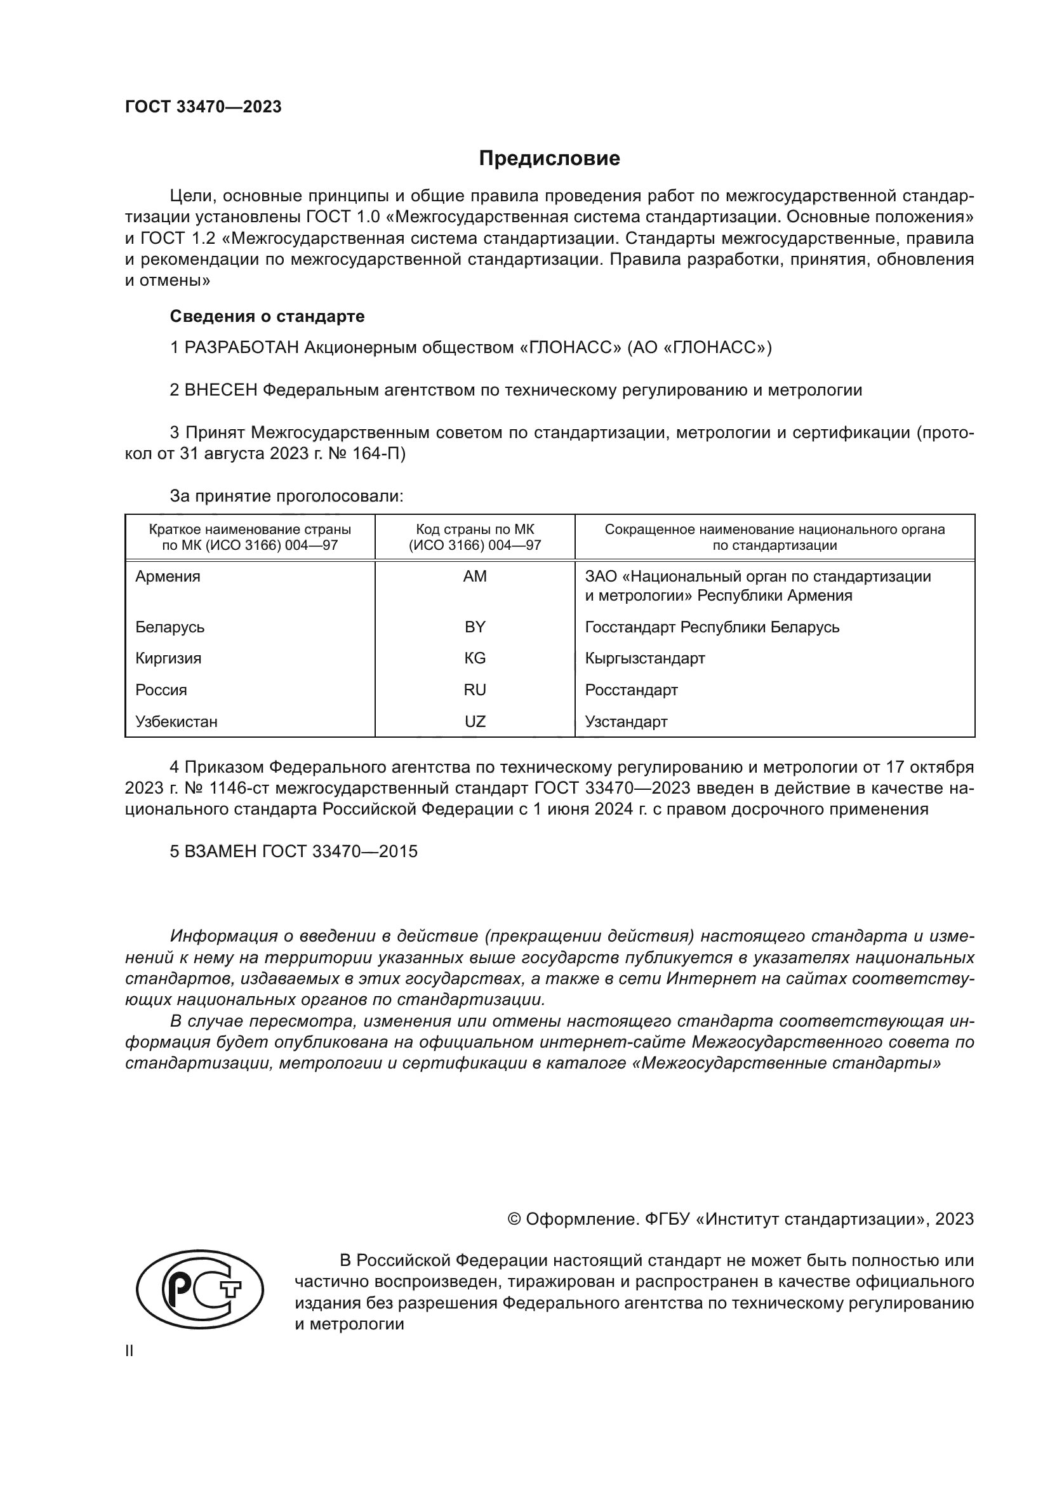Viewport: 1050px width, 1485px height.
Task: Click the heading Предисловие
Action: pyautogui.click(x=549, y=159)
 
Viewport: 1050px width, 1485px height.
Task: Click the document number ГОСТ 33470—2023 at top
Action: pyautogui.click(x=203, y=107)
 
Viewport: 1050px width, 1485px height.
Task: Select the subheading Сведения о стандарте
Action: pyautogui.click(x=267, y=316)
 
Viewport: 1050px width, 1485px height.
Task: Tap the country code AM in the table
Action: pyautogui.click(x=475, y=576)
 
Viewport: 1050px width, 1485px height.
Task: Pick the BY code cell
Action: pyautogui.click(x=475, y=627)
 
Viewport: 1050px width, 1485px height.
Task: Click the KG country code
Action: pyautogui.click(x=475, y=658)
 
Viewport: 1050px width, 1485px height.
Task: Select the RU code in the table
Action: pyautogui.click(x=475, y=690)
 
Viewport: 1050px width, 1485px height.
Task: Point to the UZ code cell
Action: pyautogui.click(x=475, y=722)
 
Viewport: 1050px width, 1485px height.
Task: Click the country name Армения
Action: pyautogui.click(x=168, y=576)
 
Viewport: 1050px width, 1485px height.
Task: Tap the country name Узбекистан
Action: pyautogui.click(x=176, y=722)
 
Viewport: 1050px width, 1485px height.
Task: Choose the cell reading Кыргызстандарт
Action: pyautogui.click(x=644, y=658)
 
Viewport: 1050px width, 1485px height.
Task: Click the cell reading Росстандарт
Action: pyautogui.click(x=631, y=690)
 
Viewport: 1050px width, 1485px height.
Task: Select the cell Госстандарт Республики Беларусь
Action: pyautogui.click(x=712, y=627)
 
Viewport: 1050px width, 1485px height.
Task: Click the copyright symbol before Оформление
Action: pyautogui.click(x=515, y=1219)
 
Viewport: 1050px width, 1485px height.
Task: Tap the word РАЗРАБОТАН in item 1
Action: pyautogui.click(x=241, y=348)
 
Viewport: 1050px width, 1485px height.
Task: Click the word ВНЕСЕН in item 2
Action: pyautogui.click(x=220, y=390)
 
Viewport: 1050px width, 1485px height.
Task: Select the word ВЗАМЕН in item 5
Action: pyautogui.click(x=220, y=851)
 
